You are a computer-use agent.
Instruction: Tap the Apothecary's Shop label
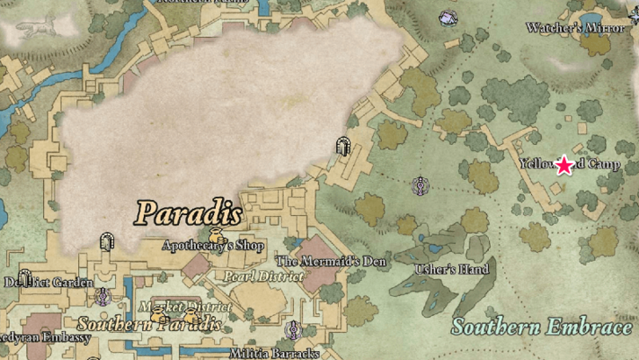[213, 246]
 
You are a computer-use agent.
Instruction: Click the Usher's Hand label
[453, 269]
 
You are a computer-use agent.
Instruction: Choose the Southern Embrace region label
[542, 328]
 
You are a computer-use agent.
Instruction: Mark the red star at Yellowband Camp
[564, 164]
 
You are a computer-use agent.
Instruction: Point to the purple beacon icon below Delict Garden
[103, 297]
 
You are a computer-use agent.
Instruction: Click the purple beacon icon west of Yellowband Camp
[422, 186]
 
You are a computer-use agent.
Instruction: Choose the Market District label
[185, 306]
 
